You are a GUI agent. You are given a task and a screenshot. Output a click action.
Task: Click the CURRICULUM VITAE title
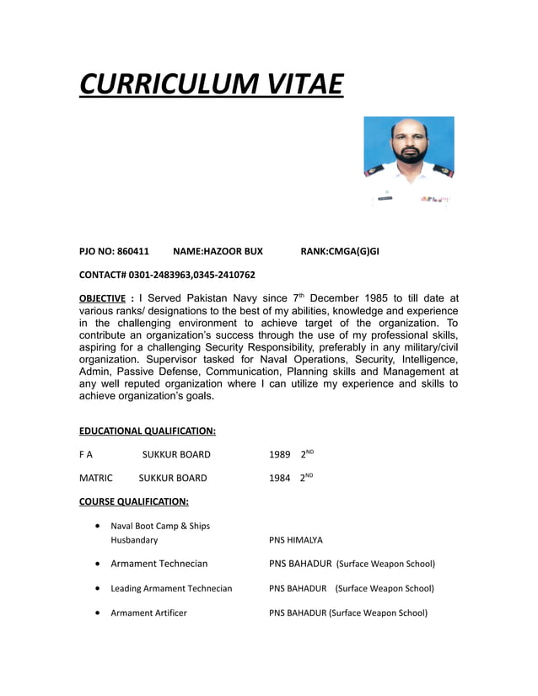tap(211, 85)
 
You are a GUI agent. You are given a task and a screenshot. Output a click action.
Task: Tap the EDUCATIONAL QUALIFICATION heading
tap(147, 431)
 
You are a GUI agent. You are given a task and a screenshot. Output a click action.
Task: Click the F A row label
tap(85, 454)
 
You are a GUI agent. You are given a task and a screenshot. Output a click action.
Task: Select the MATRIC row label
tap(95, 478)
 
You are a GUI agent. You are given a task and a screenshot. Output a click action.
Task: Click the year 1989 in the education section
tap(280, 454)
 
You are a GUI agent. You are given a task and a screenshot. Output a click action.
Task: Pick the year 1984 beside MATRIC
tap(280, 478)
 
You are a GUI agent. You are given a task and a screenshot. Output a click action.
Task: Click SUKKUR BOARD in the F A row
tap(175, 454)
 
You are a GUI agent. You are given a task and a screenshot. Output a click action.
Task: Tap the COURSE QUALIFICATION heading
tap(133, 501)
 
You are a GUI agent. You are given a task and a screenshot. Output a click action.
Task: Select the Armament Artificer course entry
tap(148, 613)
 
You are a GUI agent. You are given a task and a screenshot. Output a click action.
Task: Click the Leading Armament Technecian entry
tap(171, 588)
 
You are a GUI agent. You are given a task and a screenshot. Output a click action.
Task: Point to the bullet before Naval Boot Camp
tap(100, 526)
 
